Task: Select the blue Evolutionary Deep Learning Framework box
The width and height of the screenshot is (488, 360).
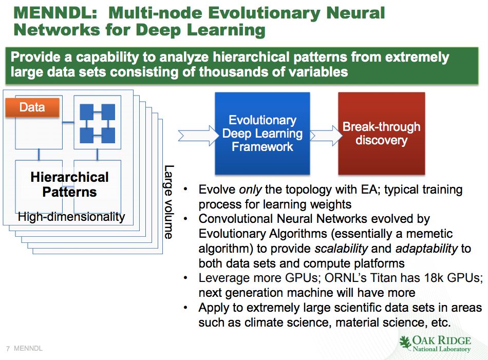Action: coord(262,134)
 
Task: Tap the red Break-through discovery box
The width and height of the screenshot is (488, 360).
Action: coord(381,134)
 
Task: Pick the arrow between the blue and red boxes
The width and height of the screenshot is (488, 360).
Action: coord(324,135)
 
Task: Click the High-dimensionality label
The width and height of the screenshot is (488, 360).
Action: coord(71,217)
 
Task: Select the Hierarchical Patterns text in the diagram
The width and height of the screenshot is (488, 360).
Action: coord(69,185)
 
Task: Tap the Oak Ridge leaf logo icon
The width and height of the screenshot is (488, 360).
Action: coord(406,343)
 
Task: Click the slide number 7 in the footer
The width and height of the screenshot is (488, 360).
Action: coord(8,349)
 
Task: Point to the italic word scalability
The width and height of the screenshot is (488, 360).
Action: coord(341,249)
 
